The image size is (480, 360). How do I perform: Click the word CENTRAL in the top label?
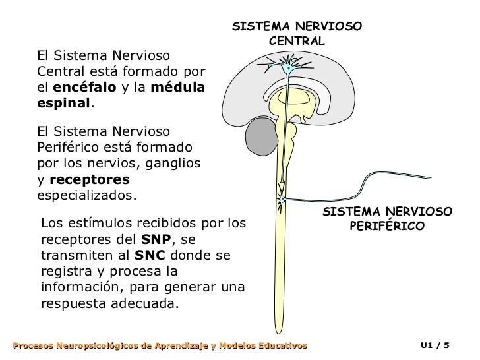(297, 41)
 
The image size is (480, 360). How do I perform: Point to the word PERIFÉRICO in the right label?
(387, 226)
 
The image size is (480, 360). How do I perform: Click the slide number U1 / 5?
(436, 345)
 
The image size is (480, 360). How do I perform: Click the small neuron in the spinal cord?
(282, 198)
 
